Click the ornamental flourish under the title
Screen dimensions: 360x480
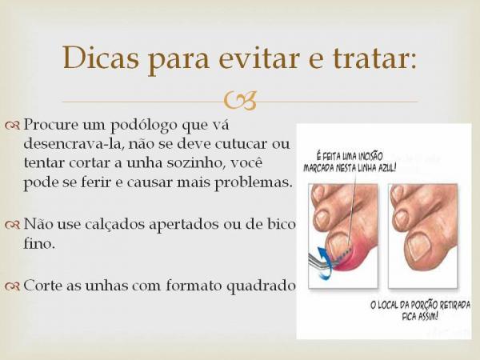[x=240, y=101]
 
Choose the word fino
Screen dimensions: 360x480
[x=40, y=244]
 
